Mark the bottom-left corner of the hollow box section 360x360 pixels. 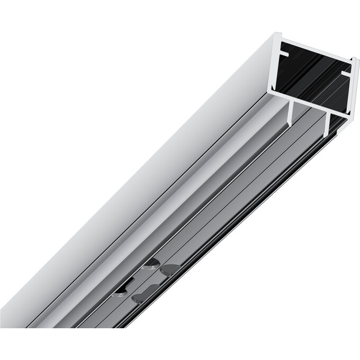(270, 95)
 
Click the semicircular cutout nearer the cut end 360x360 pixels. (151, 263)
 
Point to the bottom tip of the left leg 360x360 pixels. (290, 124)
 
